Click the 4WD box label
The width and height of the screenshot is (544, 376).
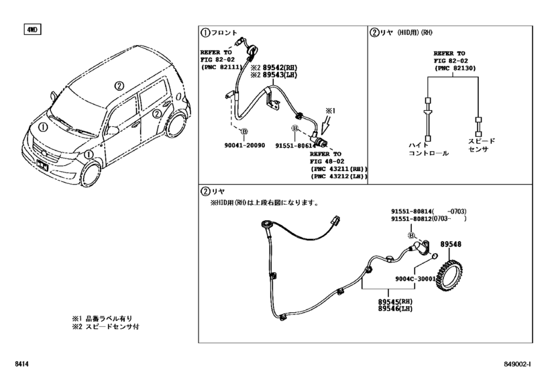click(32, 30)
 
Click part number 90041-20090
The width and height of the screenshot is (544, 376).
click(245, 145)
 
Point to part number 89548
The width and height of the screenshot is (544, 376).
click(451, 244)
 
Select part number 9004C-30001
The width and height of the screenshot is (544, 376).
click(416, 279)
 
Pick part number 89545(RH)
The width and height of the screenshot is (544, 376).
click(395, 301)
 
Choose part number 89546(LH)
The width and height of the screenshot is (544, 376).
click(395, 309)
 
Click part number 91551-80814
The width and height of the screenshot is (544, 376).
click(412, 211)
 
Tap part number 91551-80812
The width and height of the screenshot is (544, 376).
click(412, 219)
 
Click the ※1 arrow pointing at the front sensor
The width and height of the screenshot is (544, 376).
click(327, 125)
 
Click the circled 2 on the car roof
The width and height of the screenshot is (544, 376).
click(119, 85)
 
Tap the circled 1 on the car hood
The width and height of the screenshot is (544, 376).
click(43, 128)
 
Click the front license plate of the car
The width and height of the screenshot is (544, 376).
click(42, 165)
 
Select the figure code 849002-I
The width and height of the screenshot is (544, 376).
click(517, 364)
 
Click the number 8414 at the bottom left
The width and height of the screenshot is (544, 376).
click(21, 364)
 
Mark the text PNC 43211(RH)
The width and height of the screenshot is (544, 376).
click(339, 169)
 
